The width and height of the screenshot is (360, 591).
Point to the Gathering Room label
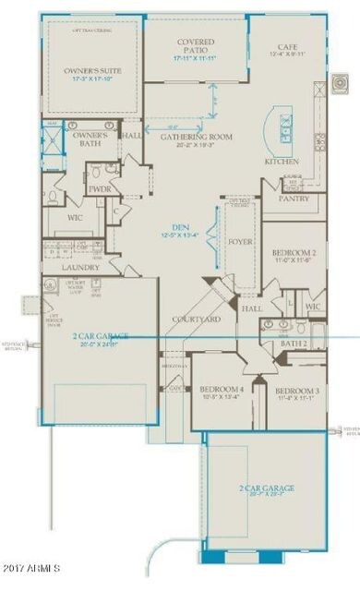[195, 137]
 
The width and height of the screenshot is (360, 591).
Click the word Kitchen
[282, 161]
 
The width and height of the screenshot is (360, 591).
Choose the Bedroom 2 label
[294, 253]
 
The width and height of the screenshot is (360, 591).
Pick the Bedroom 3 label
[297, 392]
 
